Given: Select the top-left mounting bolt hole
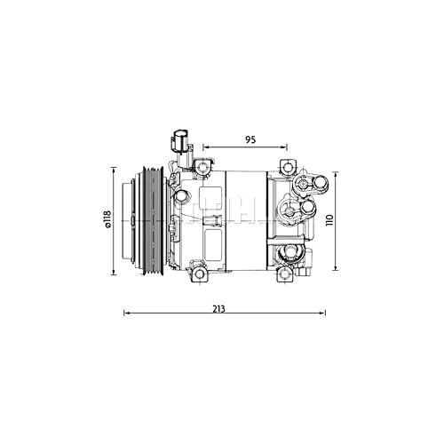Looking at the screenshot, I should [x=205, y=166].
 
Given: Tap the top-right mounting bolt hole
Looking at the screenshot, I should [x=287, y=166].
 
